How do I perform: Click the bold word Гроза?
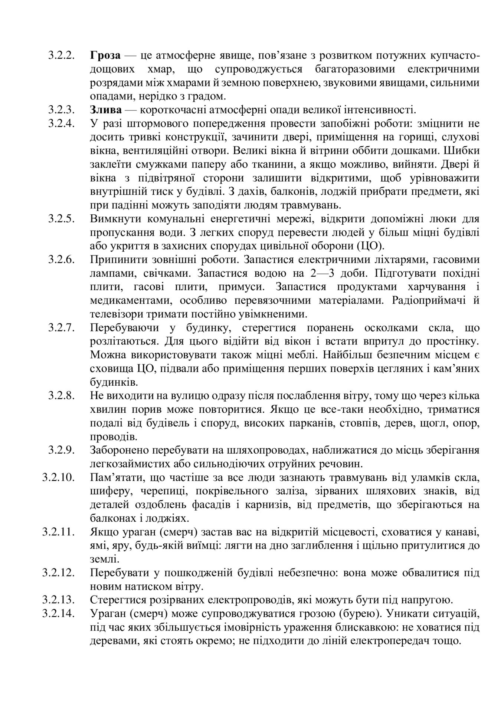pyautogui.click(x=105, y=56)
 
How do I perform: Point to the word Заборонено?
pyautogui.click(x=116, y=451)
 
